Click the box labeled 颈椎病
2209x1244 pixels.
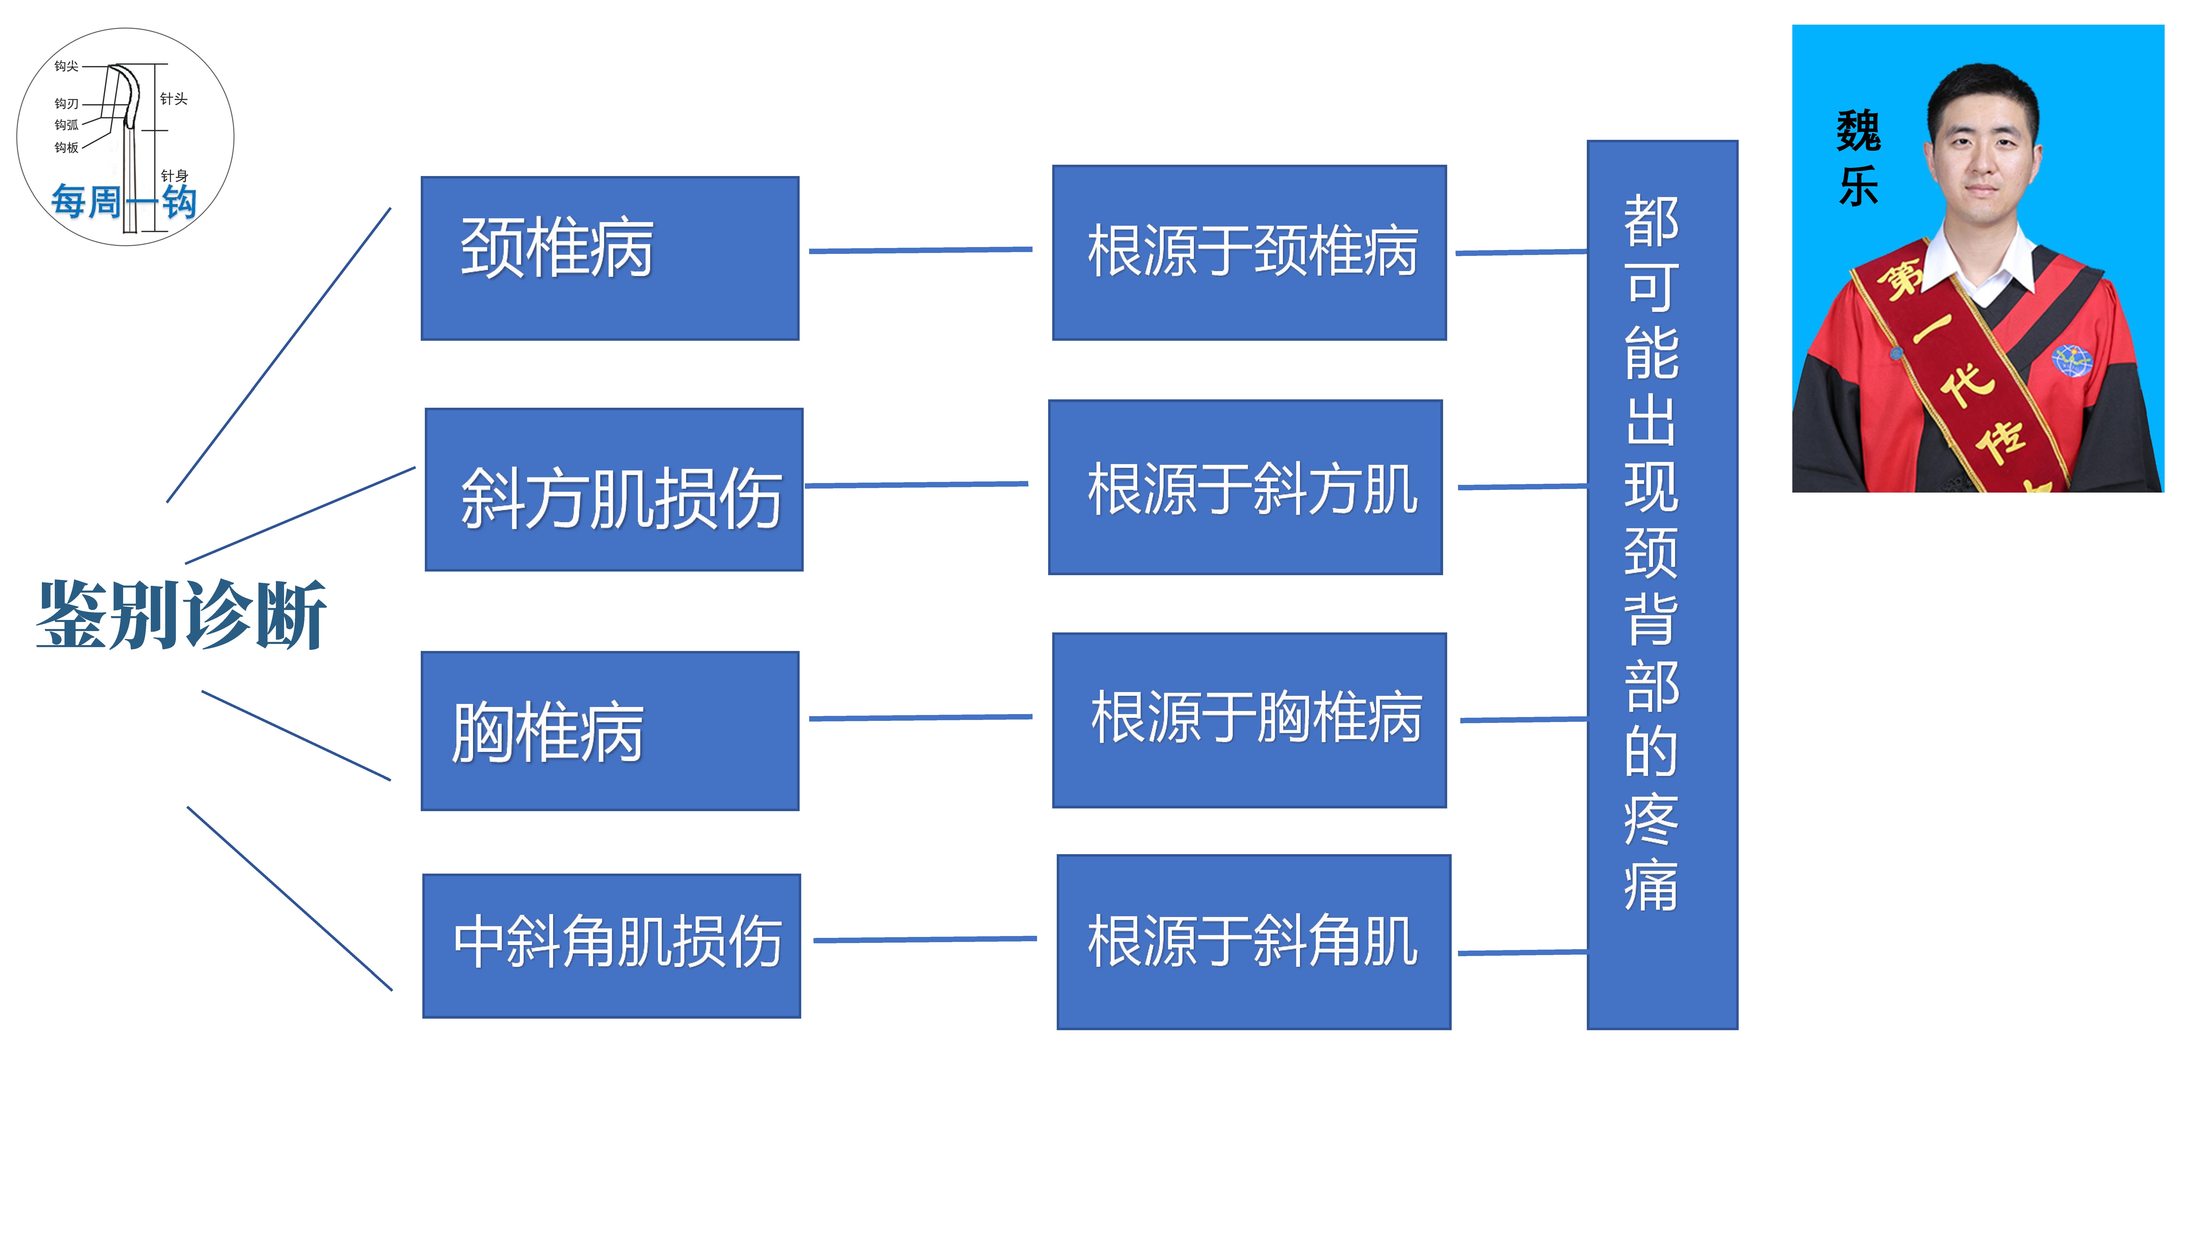[610, 258]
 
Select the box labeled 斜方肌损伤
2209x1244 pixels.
[614, 490]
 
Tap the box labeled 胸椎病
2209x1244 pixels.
[610, 730]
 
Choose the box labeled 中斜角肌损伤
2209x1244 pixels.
[611, 946]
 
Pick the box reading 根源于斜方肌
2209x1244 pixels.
[1245, 487]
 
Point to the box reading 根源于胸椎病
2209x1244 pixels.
[1249, 720]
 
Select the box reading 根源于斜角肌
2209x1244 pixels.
[1254, 941]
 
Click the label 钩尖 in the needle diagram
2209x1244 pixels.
[66, 66]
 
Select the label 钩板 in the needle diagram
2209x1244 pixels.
[66, 148]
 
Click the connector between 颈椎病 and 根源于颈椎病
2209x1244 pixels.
[920, 250]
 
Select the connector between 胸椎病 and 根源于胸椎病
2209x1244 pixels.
[920, 717]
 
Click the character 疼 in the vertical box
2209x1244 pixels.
[1651, 820]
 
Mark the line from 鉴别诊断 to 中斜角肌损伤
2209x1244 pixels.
[290, 898]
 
